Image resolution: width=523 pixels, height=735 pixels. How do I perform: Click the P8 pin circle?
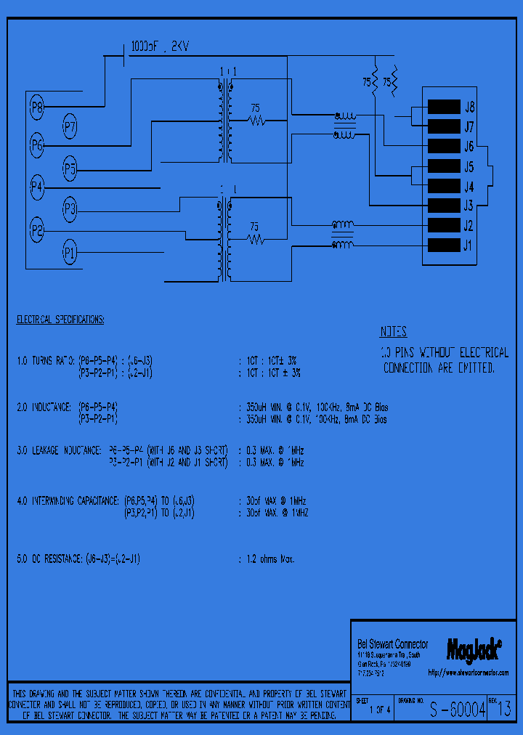tap(37, 109)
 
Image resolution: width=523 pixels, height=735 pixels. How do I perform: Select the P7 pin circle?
tap(70, 127)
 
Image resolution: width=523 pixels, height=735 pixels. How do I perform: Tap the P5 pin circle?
tap(70, 168)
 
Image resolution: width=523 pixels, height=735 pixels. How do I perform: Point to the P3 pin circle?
tap(70, 210)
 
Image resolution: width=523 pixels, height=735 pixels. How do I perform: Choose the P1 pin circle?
tap(70, 253)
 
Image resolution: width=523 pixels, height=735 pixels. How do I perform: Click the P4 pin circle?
tap(37, 187)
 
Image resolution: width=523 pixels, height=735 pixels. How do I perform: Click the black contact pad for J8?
tap(444, 107)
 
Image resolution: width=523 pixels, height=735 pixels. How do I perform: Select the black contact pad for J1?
tap(444, 245)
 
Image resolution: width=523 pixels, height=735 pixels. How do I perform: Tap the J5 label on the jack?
tap(469, 166)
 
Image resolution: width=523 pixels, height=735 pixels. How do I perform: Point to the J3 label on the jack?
tap(469, 206)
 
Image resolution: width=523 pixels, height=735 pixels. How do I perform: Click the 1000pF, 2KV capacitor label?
tap(160, 46)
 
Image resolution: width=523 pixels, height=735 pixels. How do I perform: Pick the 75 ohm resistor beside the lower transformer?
tap(254, 236)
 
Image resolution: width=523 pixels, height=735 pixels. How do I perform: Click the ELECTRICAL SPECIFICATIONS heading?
tap(60, 320)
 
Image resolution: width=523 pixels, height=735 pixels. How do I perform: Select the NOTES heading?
tap(393, 333)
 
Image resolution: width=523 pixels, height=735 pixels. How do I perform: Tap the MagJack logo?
tap(469, 649)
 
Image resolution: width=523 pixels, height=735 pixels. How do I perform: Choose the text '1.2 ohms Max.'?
tap(267, 559)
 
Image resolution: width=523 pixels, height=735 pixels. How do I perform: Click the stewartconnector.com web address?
tap(469, 673)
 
